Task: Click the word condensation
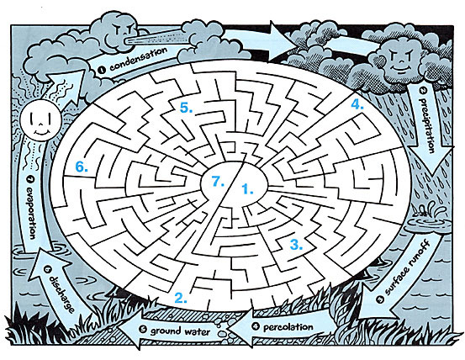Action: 138,59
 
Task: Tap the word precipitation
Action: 427,125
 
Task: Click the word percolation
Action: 288,327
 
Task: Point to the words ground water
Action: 180,331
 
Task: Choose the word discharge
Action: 61,294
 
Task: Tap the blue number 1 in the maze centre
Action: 247,189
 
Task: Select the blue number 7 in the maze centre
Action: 218,181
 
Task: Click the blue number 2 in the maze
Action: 181,298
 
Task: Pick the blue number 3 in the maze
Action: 296,245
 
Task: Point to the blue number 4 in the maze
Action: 357,104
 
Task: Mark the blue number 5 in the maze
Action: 186,108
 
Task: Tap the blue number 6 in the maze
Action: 82,167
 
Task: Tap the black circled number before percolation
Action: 256,326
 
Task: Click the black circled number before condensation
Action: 102,71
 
